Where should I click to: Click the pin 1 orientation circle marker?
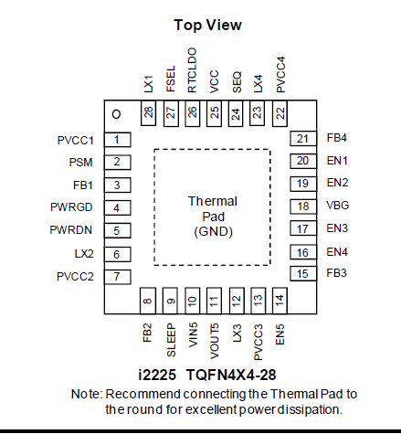click(x=116, y=114)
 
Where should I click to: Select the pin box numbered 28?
click(x=148, y=113)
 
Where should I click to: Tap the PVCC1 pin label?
click(x=75, y=141)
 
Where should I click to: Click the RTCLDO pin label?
click(x=192, y=70)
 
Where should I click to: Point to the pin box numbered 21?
click(x=303, y=139)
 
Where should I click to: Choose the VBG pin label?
click(x=338, y=206)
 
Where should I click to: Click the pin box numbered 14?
click(x=280, y=301)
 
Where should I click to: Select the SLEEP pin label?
click(x=171, y=340)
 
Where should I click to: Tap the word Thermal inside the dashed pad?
click(x=213, y=201)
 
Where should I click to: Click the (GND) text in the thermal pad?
click(x=214, y=232)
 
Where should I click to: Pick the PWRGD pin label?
click(x=71, y=207)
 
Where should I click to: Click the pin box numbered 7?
click(x=118, y=277)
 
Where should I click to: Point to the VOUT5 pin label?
click(x=215, y=341)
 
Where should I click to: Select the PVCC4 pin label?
click(x=280, y=74)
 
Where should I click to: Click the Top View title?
click(x=207, y=25)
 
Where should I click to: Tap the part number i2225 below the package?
click(x=157, y=375)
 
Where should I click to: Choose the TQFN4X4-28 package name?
click(x=231, y=375)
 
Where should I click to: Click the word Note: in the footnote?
click(x=87, y=394)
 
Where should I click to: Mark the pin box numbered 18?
click(x=303, y=206)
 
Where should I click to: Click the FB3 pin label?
click(x=336, y=273)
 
